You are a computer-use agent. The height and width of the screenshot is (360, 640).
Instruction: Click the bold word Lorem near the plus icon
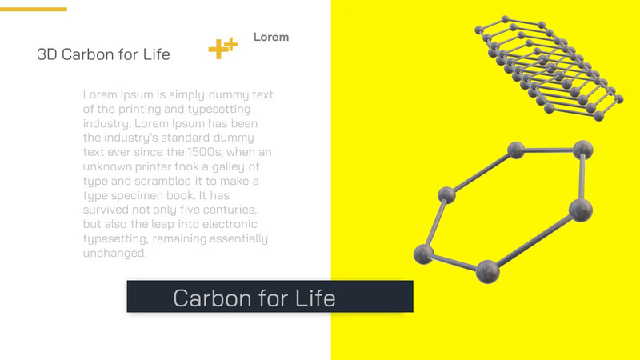(x=271, y=37)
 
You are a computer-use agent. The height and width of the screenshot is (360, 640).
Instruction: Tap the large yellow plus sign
(x=217, y=50)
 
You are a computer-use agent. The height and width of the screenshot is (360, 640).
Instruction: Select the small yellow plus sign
(x=231, y=42)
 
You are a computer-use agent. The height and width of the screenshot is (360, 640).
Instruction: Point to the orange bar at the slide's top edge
(x=33, y=10)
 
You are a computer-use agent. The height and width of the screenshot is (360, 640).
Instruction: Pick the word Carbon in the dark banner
(x=213, y=298)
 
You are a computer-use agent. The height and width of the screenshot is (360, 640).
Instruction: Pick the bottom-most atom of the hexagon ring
(x=487, y=272)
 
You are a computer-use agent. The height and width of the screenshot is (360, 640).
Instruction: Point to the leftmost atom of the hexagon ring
(x=423, y=254)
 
